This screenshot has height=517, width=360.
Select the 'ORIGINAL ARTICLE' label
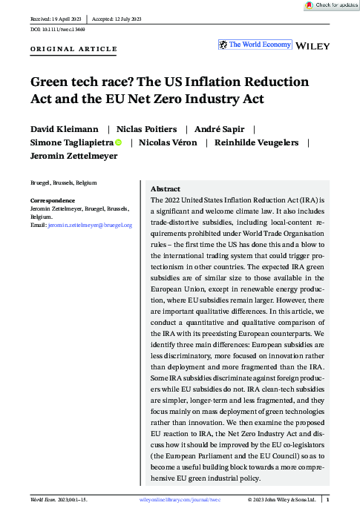pyautogui.click(x=73, y=49)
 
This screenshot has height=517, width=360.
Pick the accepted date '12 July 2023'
pyautogui.click(x=131, y=17)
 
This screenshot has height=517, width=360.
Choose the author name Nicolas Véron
pyautogui.click(x=170, y=142)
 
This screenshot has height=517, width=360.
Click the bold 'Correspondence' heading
pyautogui.click(x=52, y=201)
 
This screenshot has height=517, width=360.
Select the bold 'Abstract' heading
pyautogui.click(x=165, y=189)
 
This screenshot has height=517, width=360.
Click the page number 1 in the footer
pyautogui.click(x=338, y=501)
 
